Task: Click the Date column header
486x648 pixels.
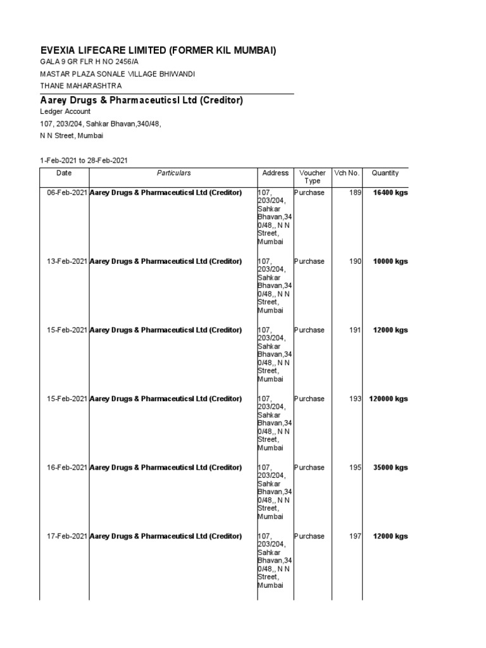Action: pos(64,173)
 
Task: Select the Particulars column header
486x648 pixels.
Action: pos(173,173)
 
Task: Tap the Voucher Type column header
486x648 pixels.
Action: pos(312,177)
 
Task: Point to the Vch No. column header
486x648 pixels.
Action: pos(346,173)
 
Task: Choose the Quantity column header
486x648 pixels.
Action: pos(385,173)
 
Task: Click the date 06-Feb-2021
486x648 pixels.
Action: pos(67,192)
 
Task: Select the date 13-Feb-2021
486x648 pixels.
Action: pos(67,261)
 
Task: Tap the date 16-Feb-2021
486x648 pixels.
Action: pos(67,468)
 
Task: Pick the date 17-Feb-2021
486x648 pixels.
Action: pos(67,537)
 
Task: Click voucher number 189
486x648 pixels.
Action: pos(354,192)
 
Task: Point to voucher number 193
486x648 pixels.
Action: pos(354,399)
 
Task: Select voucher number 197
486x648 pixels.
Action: pos(354,537)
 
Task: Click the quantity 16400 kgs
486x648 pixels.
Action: pos(390,192)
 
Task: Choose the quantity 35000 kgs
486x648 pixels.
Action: pos(390,468)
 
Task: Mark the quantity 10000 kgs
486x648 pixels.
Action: pos(390,261)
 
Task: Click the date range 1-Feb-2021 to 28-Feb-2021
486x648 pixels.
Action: pos(84,160)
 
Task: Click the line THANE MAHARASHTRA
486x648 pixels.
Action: pos(81,86)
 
